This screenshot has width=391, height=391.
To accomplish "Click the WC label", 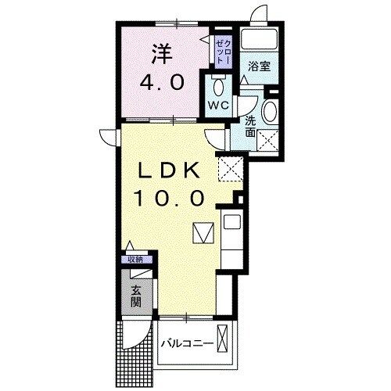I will pyautogui.click(x=218, y=105).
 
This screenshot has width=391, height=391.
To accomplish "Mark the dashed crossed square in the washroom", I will pyautogui.click(x=270, y=141).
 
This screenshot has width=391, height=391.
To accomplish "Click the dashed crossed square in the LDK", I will pyautogui.click(x=230, y=166).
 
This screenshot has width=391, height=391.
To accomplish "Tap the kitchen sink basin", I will pyautogui.click(x=232, y=223).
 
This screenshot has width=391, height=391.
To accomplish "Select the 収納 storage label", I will pyautogui.click(x=136, y=259).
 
